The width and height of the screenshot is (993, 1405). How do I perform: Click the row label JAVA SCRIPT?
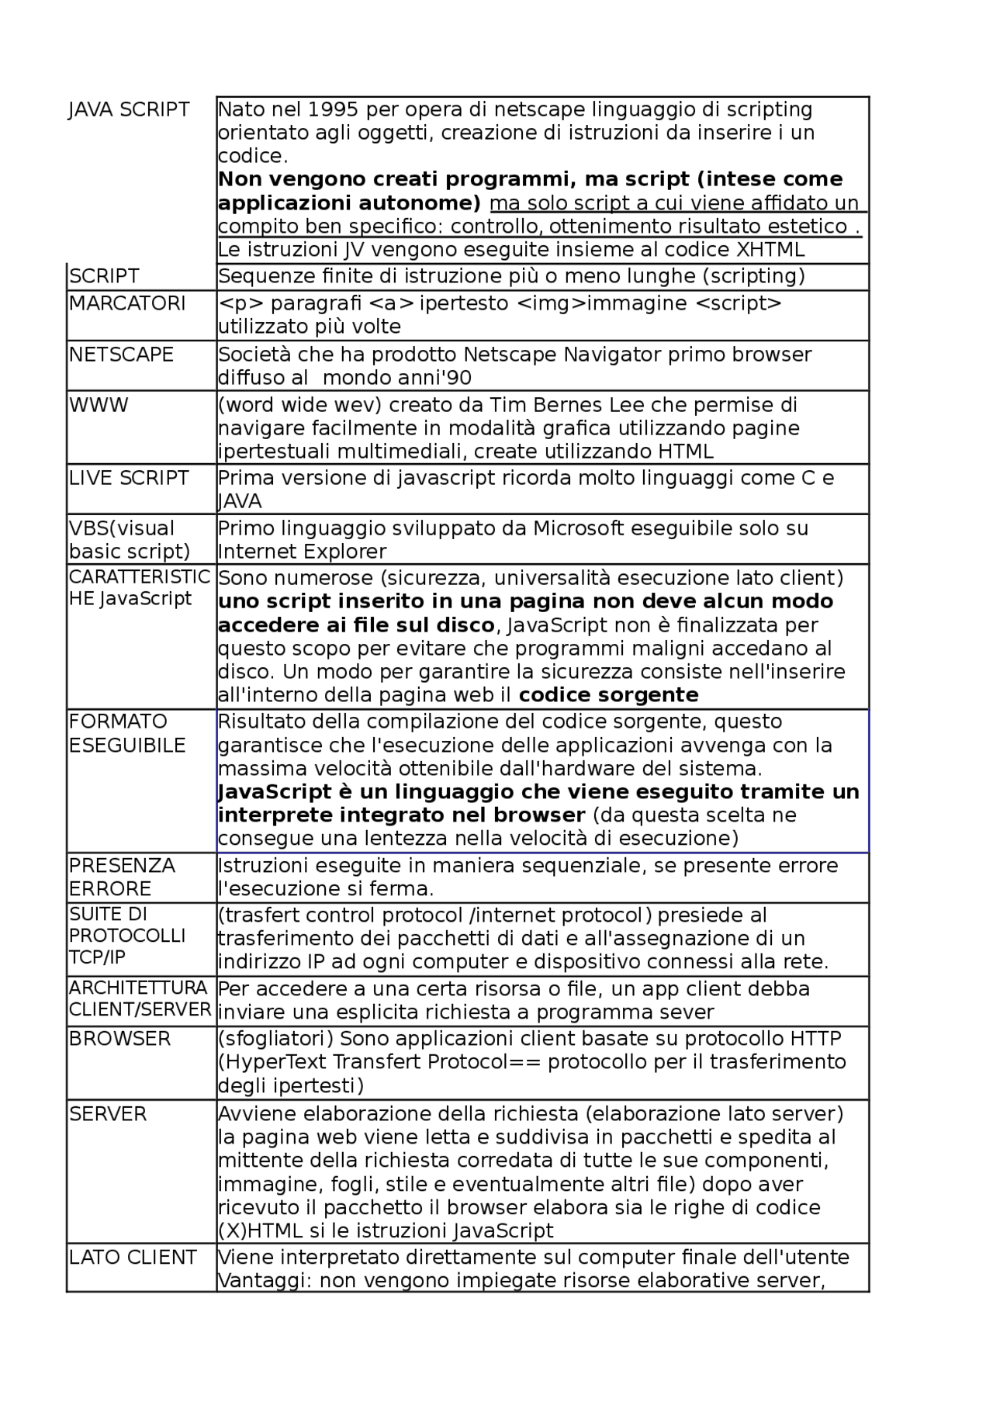click(x=129, y=109)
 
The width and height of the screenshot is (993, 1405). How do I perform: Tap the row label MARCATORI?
click(x=127, y=303)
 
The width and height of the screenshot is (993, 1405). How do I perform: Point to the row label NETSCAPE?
click(x=121, y=355)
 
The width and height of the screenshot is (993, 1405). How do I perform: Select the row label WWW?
click(x=99, y=405)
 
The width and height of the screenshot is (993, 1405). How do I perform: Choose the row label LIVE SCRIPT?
click(x=129, y=478)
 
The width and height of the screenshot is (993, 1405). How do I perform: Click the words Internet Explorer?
click(x=302, y=552)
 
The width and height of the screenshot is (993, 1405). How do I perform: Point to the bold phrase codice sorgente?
click(x=608, y=694)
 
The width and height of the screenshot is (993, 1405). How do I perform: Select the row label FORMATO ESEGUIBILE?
click(x=127, y=733)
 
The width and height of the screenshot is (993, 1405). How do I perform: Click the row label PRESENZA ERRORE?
click(x=122, y=877)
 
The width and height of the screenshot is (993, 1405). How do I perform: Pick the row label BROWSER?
click(x=119, y=1039)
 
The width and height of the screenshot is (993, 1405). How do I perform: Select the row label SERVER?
click(x=108, y=1114)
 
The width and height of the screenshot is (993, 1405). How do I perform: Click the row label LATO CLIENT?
click(x=133, y=1258)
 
